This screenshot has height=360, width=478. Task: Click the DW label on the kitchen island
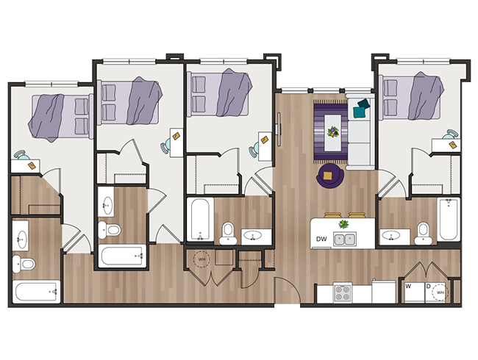click(x=321, y=239)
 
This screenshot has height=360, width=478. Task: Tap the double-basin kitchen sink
click(x=343, y=239)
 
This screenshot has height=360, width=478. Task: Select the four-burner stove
click(x=344, y=292)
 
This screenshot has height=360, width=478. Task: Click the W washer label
click(x=408, y=287)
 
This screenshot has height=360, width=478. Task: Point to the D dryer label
click(x=428, y=287)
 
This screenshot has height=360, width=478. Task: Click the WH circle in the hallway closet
click(x=200, y=259)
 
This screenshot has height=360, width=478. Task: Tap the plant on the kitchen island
click(x=343, y=223)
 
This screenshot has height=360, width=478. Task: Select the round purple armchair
click(x=328, y=176)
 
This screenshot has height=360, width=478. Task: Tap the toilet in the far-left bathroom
click(x=26, y=263)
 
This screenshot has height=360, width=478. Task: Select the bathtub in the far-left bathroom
click(x=35, y=292)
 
